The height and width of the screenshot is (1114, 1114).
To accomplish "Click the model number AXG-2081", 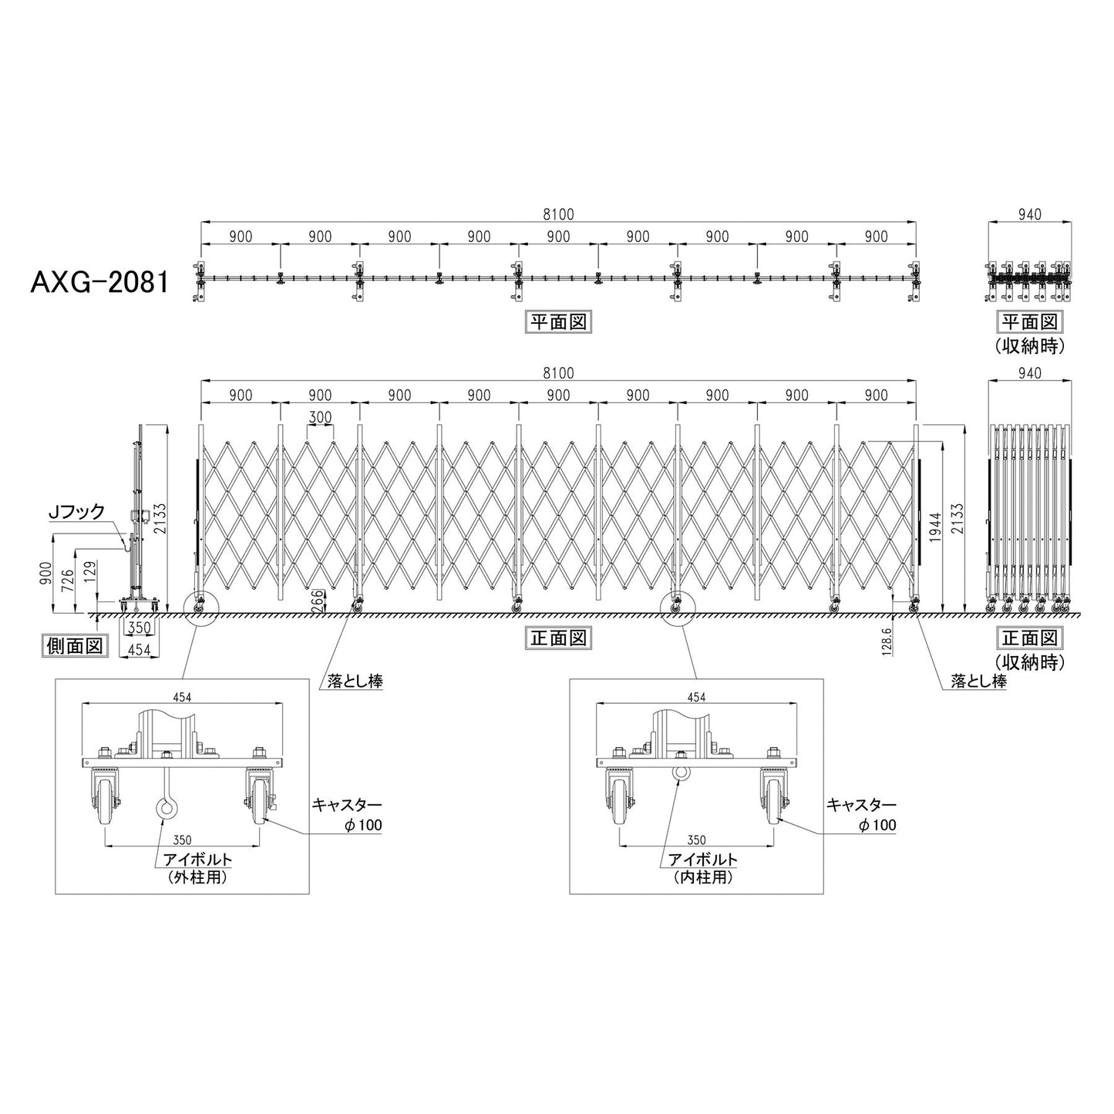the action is click(x=99, y=283).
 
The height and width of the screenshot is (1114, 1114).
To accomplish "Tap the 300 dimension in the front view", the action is click(x=320, y=417).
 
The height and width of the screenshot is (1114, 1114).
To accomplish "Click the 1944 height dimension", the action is click(x=936, y=528).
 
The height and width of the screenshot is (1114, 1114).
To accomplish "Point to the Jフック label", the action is click(x=78, y=511).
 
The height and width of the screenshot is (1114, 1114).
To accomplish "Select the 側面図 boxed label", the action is click(x=75, y=645).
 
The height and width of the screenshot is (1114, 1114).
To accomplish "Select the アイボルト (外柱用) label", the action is click(x=197, y=868).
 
